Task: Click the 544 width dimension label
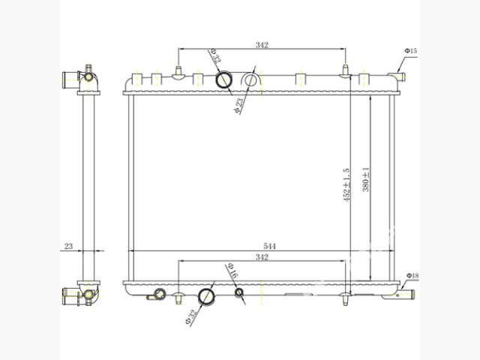269,246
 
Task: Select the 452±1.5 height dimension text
346,184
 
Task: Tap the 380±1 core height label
366,180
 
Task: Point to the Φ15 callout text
411,50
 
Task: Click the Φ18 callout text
412,275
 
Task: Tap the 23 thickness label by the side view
68,246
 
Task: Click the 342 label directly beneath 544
262,257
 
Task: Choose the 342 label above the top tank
262,45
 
